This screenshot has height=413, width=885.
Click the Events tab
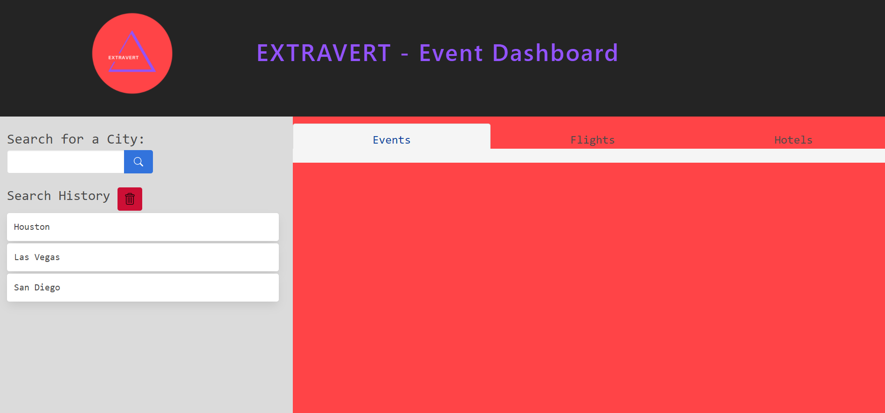tap(392, 140)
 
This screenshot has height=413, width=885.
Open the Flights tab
tap(593, 140)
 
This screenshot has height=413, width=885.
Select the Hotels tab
tap(793, 140)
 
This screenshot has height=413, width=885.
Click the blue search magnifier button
tap(138, 162)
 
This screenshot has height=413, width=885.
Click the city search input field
tap(66, 162)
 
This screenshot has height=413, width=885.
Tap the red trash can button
tap(130, 199)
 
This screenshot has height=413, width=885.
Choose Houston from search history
tap(143, 227)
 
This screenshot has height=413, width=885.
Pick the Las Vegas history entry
tap(143, 257)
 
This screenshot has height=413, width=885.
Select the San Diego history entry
tap(143, 288)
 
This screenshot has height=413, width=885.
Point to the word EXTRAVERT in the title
tap(324, 53)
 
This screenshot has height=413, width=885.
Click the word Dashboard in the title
tap(555, 53)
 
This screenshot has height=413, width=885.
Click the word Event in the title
tap(450, 53)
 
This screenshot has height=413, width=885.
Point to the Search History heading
tap(58, 196)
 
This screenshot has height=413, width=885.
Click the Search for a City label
tap(76, 139)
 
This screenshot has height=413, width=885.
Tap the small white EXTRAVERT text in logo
tap(124, 58)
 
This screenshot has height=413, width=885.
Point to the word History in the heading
tap(84, 196)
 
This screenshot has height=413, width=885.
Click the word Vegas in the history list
tap(47, 257)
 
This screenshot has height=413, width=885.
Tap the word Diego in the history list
tap(47, 288)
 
